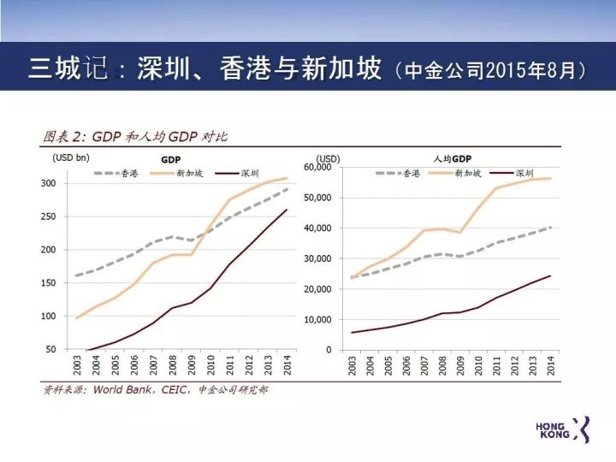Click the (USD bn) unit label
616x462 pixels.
click(70, 157)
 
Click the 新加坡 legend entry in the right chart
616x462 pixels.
click(467, 173)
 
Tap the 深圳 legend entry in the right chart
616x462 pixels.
click(525, 173)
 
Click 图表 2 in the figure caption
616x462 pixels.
click(64, 136)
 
